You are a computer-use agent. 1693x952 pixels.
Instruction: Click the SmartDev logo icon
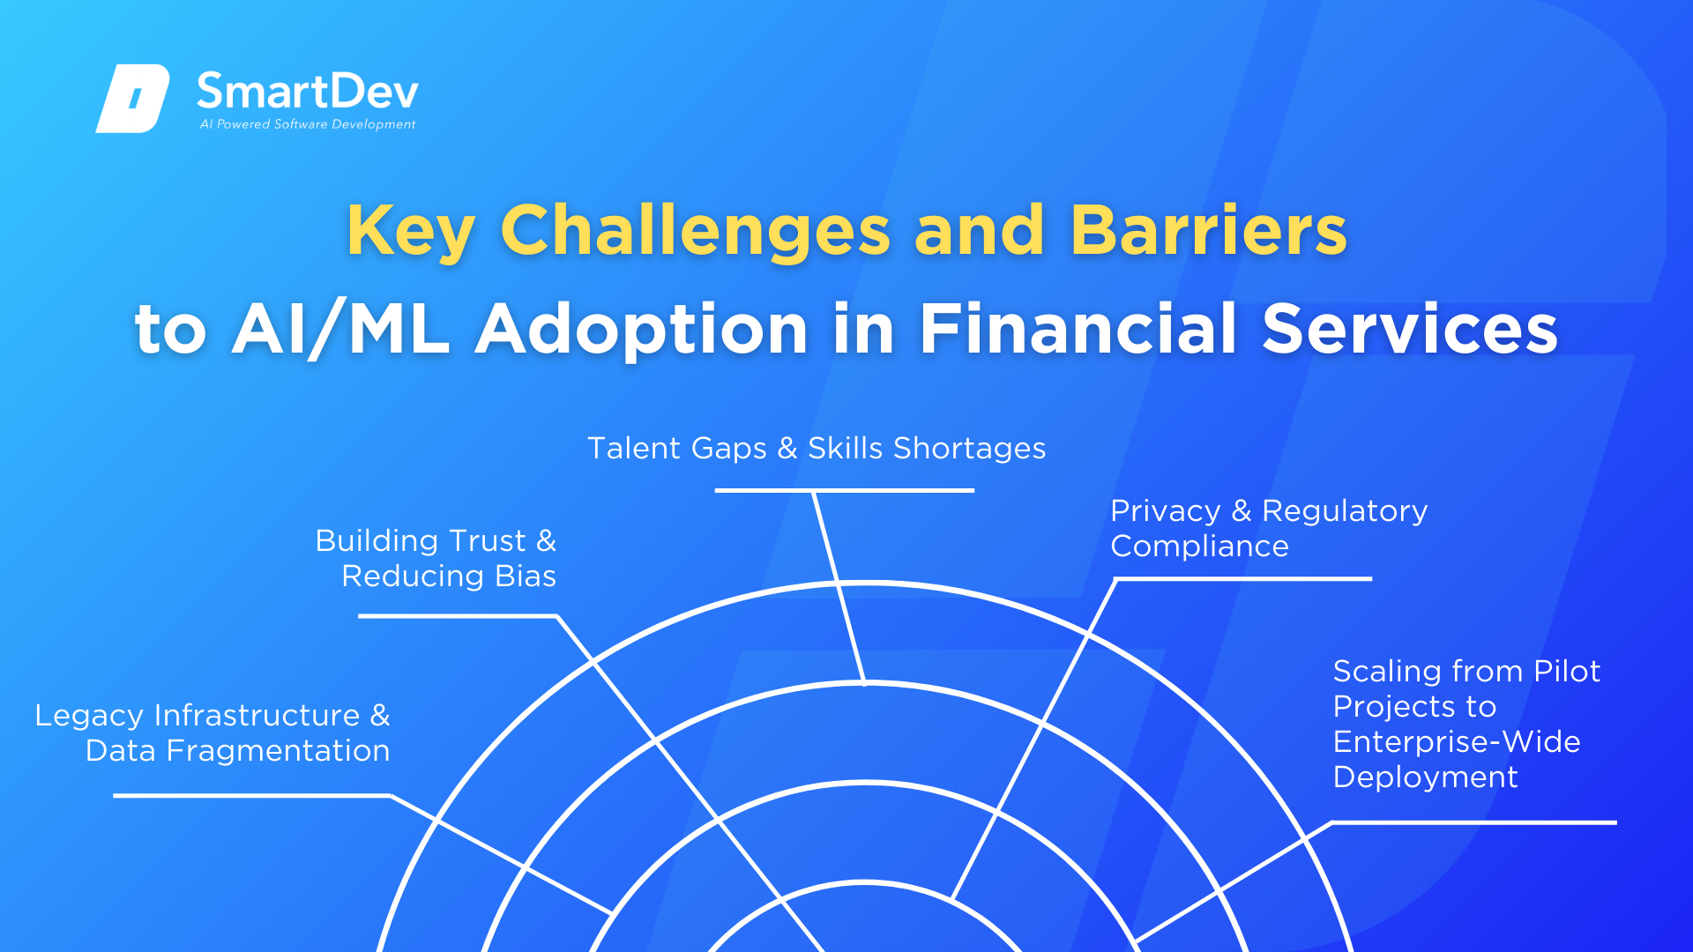pos(132,98)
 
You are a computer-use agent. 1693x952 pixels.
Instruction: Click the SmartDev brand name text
pos(307,92)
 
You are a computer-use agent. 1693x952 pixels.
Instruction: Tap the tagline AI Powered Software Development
pos(308,124)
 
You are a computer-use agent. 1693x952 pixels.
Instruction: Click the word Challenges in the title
pos(696,231)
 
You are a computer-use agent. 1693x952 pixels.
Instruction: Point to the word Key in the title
pos(411,232)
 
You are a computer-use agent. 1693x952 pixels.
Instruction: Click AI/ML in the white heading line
pos(340,330)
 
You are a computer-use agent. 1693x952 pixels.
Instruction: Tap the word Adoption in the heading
pos(642,330)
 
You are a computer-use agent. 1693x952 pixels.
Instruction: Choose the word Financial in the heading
pos(1078,328)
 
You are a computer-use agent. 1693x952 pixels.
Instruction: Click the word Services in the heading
pos(1410,329)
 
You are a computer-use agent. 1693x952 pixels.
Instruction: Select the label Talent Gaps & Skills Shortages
pos(817,449)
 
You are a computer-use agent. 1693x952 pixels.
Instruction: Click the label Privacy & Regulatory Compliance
pos(1269,528)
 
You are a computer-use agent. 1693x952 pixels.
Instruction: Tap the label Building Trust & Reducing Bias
pos(436,558)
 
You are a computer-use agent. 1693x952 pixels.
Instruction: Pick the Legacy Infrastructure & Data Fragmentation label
pos(213,733)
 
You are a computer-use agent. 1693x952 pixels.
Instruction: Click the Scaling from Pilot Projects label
pos(1466,724)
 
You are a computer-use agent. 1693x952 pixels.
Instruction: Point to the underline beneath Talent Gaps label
pos(844,490)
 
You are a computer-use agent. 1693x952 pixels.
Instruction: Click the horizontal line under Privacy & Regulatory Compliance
pos(1243,579)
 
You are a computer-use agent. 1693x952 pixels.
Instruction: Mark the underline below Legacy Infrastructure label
pos(252,795)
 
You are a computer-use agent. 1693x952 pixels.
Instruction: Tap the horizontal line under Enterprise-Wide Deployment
pos(1473,822)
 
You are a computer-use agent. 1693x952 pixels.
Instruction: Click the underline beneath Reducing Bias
pos(458,616)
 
